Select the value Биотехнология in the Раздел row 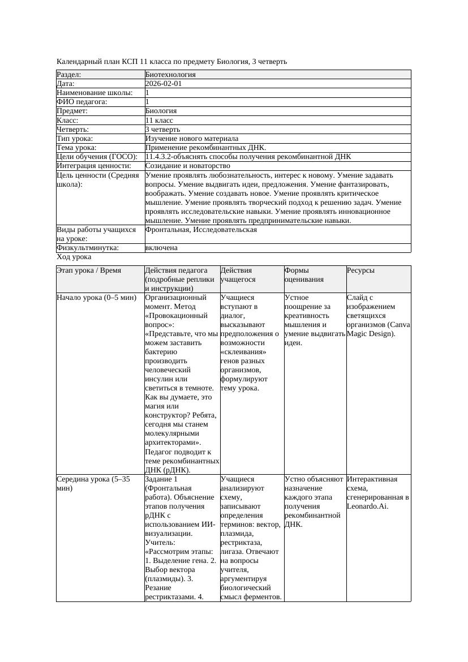click(170, 75)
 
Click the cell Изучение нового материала click(192, 139)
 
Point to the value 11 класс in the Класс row click(159, 121)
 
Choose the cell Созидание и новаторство click(187, 166)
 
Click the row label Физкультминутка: click(87, 248)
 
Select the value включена click(161, 248)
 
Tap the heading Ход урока click(74, 257)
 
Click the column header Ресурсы click(361, 271)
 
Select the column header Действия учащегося click(237, 275)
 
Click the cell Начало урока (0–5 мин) click(89, 298)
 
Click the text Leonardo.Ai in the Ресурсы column click(367, 506)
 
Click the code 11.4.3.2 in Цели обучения click(161, 157)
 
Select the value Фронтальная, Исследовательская click(201, 230)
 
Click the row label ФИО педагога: click(82, 102)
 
